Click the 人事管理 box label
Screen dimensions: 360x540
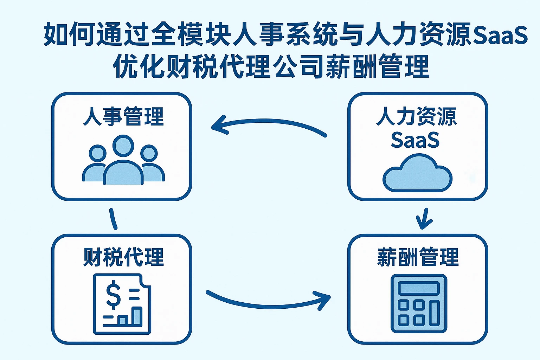pyautogui.click(x=123, y=117)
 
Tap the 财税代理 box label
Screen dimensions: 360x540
pyautogui.click(x=123, y=257)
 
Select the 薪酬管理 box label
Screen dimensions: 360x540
pyautogui.click(x=418, y=257)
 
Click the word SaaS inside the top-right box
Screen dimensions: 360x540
pyautogui.click(x=415, y=140)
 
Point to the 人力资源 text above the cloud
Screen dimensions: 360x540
pyautogui.click(x=417, y=117)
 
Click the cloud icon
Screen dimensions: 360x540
pyautogui.click(x=417, y=174)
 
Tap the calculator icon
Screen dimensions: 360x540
pyautogui.click(x=419, y=303)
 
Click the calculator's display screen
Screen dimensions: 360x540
pyautogui.click(x=419, y=288)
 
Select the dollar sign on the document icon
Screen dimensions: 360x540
pyautogui.click(x=114, y=294)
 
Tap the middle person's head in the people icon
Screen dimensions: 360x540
pyautogui.click(x=123, y=146)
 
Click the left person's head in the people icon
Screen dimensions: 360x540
pyautogui.click(x=97, y=153)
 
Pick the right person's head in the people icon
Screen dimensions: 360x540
pyautogui.click(x=149, y=153)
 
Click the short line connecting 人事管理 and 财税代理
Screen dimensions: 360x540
pyautogui.click(x=113, y=219)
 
